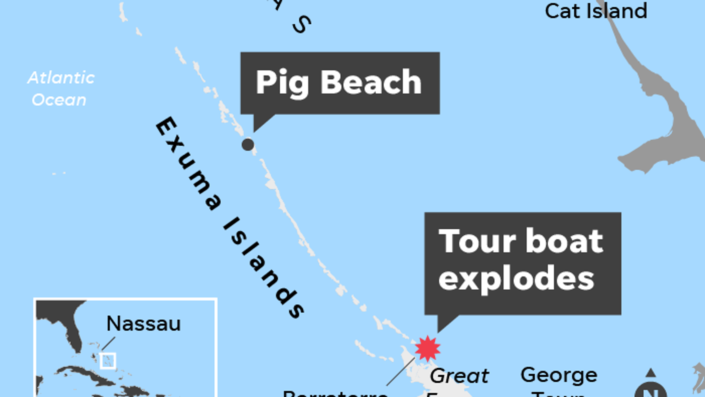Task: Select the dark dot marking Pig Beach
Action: point(248,144)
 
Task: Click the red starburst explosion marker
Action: point(427,348)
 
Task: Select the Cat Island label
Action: point(596,11)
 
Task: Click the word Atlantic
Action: point(61,78)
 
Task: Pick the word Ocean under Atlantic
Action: point(59,100)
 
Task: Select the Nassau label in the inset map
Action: point(143,324)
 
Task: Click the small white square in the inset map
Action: point(108,361)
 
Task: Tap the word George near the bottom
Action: point(559,375)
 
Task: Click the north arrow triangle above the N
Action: point(651,373)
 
